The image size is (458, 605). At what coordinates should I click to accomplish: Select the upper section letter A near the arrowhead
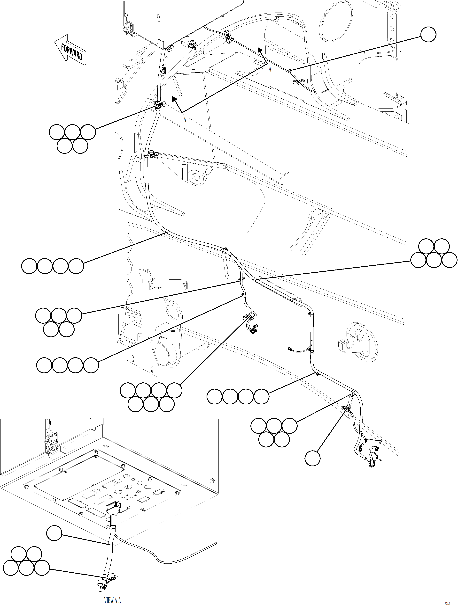pyautogui.click(x=270, y=70)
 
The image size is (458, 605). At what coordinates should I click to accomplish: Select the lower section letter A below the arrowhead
pyautogui.click(x=185, y=120)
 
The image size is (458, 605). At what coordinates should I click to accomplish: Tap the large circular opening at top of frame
pyautogui.click(x=336, y=23)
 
